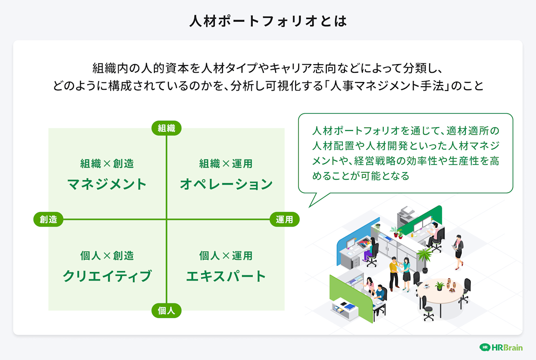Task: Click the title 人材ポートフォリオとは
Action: (268, 21)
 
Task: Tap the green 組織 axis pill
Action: (166, 128)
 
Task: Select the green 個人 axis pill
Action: (166, 311)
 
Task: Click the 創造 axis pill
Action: (48, 219)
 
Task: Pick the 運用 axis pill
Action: (285, 219)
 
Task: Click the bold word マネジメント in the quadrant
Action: (107, 184)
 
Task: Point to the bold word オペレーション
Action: (226, 184)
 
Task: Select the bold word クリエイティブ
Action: (107, 276)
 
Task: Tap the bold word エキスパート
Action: (226, 276)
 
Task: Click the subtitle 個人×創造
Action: (107, 255)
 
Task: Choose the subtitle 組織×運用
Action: (226, 164)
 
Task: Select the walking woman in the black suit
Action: (458, 251)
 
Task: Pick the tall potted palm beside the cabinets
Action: (424, 257)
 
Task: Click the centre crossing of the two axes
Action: (166, 219)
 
